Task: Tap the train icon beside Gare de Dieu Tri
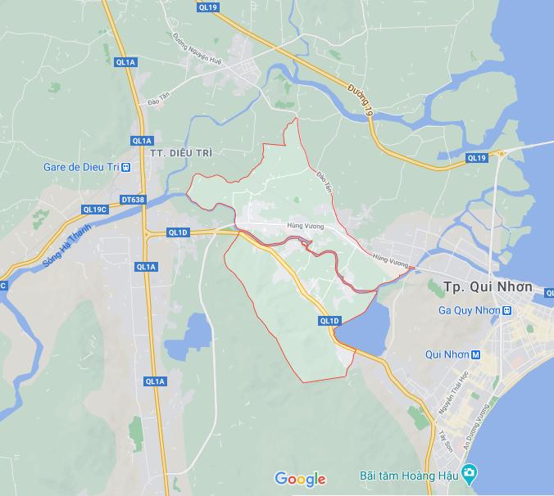pos(126,167)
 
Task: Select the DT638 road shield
pos(132,199)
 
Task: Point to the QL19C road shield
pos(95,210)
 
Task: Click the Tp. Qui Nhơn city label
pos(487,287)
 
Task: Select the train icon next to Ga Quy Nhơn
pos(507,310)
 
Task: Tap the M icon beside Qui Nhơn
pos(475,354)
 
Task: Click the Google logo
pos(300,479)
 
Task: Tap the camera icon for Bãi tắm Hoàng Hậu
pos(468,474)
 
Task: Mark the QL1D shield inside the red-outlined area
pos(329,321)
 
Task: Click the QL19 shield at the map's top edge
pos(208,7)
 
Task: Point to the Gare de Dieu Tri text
pos(81,167)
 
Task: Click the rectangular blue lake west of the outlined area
pos(197,331)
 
